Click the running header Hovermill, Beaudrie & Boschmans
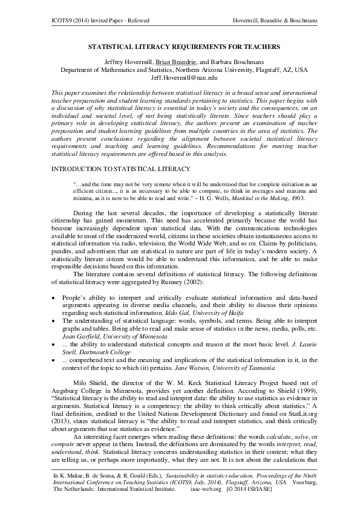(275, 22)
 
